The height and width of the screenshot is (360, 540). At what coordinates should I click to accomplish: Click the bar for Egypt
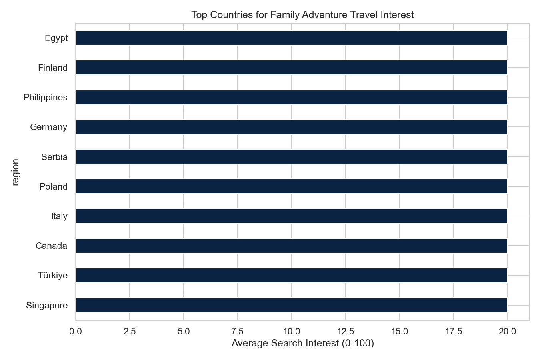(292, 38)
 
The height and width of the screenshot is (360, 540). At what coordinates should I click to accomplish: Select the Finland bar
(292, 68)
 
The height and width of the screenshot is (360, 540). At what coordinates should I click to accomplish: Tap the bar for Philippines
(292, 97)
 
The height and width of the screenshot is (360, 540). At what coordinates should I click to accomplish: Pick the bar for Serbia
(292, 157)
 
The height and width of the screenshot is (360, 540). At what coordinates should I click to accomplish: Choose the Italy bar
(292, 216)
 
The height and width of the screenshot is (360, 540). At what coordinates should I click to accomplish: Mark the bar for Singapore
(292, 305)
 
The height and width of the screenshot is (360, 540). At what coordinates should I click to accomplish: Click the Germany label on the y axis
(49, 127)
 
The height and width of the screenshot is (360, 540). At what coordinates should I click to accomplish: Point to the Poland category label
(54, 187)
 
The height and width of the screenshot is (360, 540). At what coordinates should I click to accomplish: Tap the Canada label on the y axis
(51, 246)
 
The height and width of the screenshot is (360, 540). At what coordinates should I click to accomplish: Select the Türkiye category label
(53, 276)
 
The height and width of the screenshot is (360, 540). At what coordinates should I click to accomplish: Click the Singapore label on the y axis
(47, 306)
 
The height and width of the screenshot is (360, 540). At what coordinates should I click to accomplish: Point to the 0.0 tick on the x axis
(76, 331)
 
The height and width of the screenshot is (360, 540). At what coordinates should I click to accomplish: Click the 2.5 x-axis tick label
(130, 331)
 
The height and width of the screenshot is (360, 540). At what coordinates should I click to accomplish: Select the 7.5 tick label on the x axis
(238, 331)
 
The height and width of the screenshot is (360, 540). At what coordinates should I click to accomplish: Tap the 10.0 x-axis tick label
(292, 331)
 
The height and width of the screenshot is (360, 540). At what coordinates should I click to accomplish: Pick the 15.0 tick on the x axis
(400, 331)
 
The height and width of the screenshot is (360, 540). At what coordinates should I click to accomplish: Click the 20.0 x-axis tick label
(507, 331)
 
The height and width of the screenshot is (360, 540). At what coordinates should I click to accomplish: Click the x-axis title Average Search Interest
(302, 344)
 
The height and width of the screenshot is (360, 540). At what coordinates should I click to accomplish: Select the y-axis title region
(16, 172)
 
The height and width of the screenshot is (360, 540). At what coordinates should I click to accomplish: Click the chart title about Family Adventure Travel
(302, 15)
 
